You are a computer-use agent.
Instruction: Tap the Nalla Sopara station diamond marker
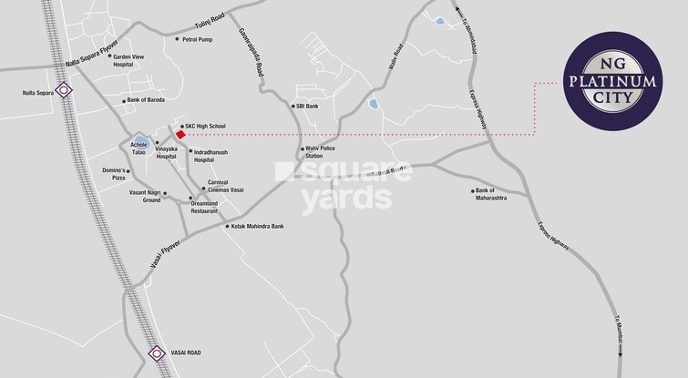(64, 89)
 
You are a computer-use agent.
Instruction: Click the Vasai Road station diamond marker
(156, 353)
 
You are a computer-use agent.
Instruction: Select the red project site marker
(180, 135)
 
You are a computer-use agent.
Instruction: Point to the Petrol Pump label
(197, 39)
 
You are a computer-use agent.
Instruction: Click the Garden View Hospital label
(128, 61)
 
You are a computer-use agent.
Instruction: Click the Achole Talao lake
(139, 147)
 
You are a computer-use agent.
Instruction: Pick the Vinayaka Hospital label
(166, 153)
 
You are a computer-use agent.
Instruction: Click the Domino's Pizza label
(113, 174)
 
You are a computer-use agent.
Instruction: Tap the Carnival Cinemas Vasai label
(225, 185)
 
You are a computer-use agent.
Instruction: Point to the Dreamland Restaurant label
(204, 207)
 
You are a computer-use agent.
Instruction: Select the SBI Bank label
(306, 106)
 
